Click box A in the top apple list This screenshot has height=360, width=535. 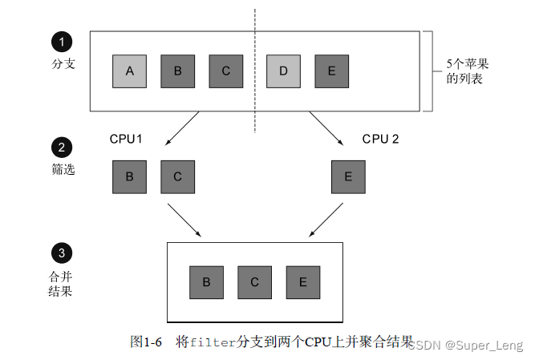coord(129,71)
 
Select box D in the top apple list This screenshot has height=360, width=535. coord(283,71)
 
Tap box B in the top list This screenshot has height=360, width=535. coord(177,71)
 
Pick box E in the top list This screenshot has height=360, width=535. coord(331,71)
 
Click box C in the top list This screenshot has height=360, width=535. coord(225,71)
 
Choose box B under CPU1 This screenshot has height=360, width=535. coord(129,176)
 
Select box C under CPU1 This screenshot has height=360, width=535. coord(177,176)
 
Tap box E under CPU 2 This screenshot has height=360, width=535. coord(347,176)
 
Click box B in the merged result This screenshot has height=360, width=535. coord(206,281)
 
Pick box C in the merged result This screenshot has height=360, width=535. coord(254,281)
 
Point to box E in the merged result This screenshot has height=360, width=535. coord(302,281)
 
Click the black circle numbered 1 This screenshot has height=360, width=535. coord(61,41)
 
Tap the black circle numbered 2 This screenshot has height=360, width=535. coord(61,148)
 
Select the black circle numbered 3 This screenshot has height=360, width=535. coord(61,254)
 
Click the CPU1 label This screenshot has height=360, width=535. coord(126,139)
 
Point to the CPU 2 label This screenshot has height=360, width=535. coord(380,139)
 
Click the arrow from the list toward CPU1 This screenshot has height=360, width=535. coord(182,128)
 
